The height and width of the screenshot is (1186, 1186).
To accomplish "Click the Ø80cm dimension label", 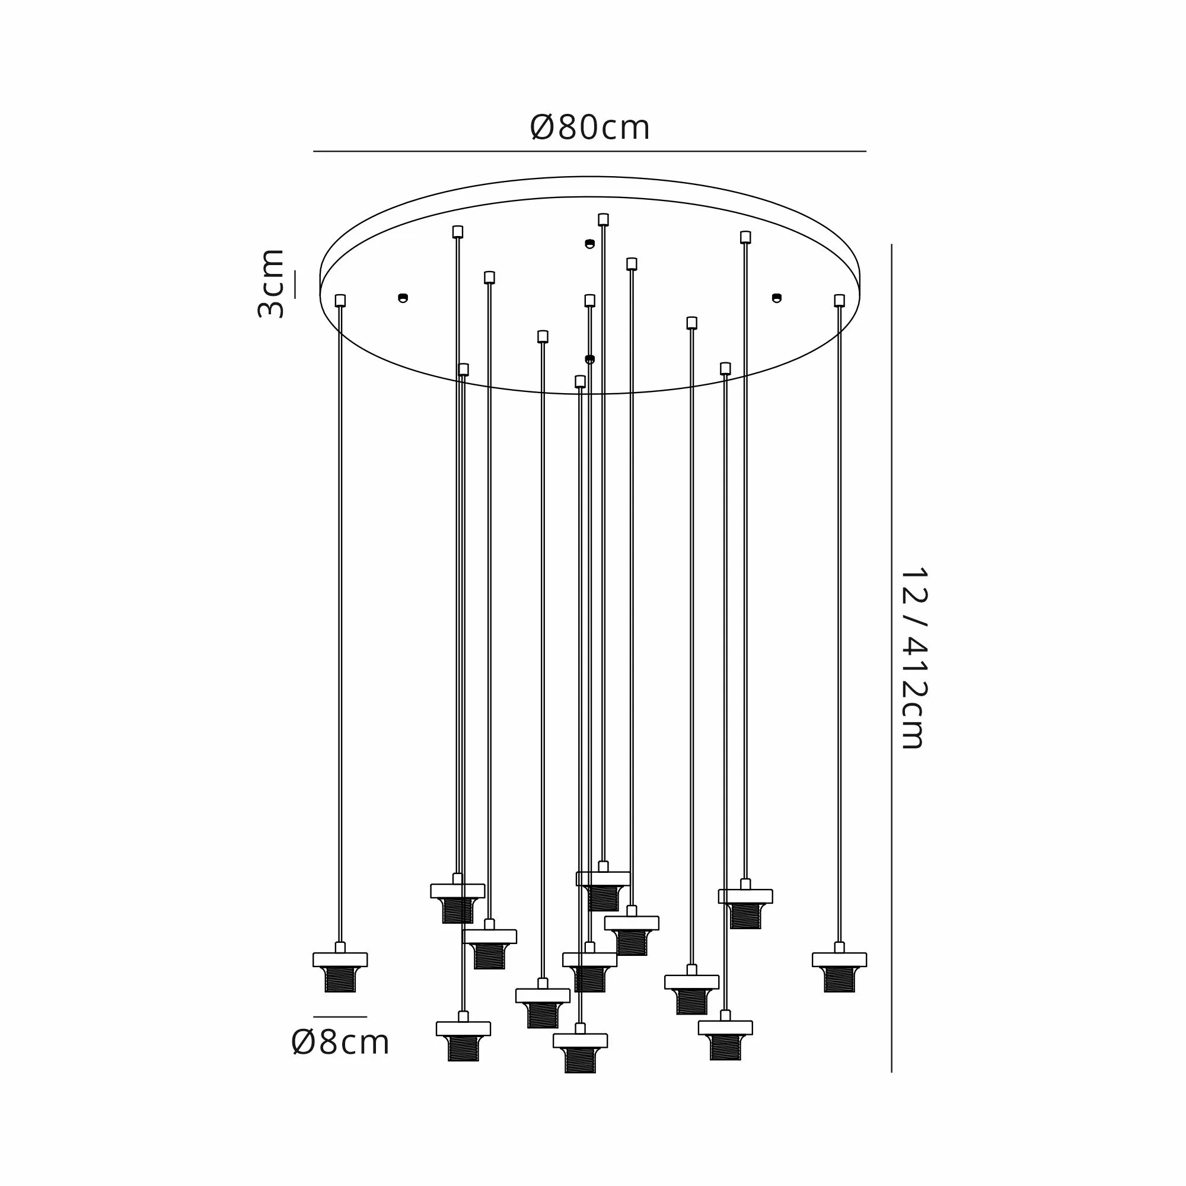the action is (x=589, y=127).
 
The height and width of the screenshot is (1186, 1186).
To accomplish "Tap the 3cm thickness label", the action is (x=271, y=283).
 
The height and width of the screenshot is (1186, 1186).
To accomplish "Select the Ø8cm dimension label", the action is (x=340, y=1042).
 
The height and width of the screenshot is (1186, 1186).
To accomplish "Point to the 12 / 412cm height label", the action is (x=913, y=658).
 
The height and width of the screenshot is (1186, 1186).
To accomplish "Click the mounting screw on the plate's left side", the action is (x=403, y=298).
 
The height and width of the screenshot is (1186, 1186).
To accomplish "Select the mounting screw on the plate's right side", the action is (x=777, y=298).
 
